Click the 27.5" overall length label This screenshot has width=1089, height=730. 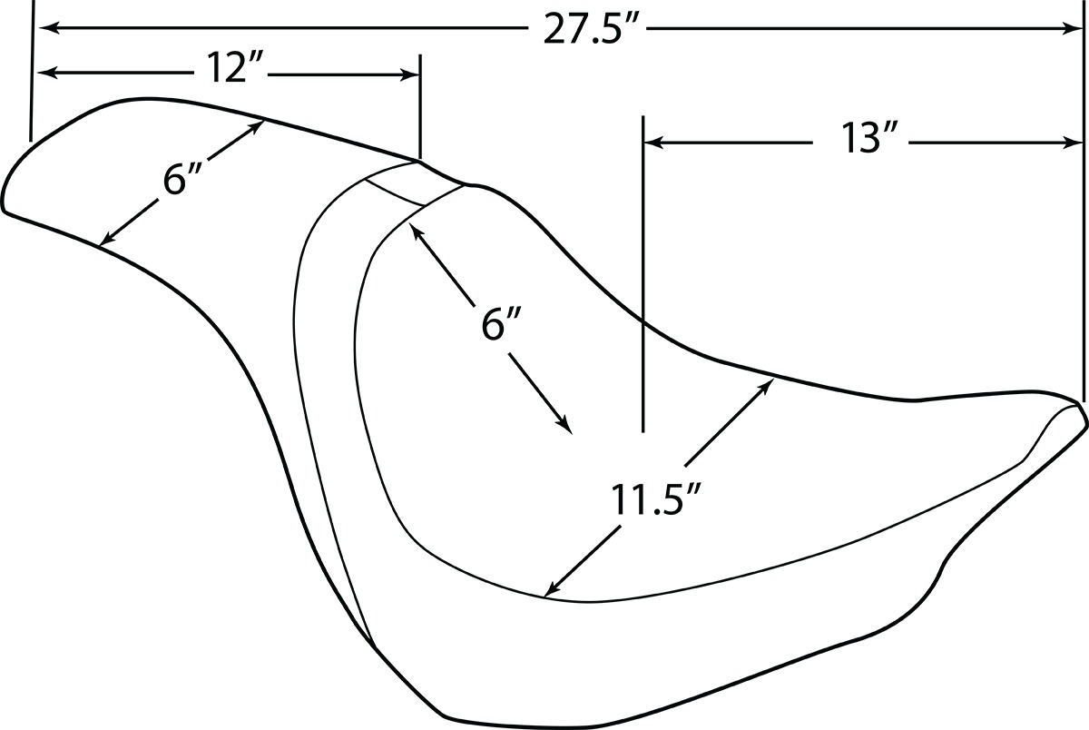[588, 29]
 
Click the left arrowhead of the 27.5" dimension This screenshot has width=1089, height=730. [46, 29]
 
